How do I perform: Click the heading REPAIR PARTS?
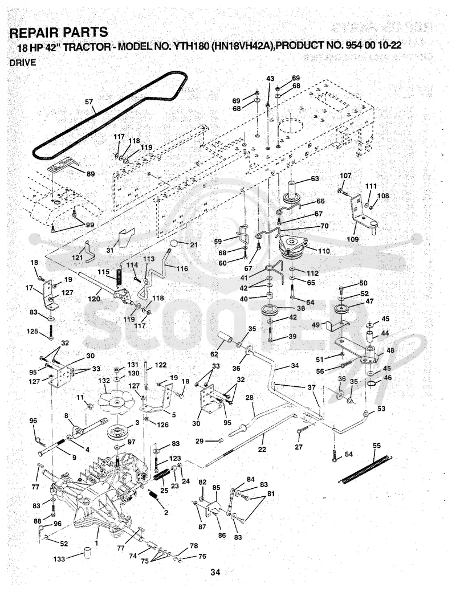(x=59, y=32)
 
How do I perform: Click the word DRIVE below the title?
(x=23, y=63)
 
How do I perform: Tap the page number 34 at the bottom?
(x=215, y=573)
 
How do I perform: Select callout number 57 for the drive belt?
(x=89, y=102)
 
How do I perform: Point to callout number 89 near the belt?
(x=91, y=174)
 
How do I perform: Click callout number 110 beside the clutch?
(x=323, y=251)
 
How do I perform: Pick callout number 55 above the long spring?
(x=377, y=446)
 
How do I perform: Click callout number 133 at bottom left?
(x=59, y=559)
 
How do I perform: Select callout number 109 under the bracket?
(x=352, y=239)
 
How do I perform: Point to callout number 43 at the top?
(x=270, y=79)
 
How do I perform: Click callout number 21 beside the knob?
(x=194, y=244)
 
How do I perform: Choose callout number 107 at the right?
(x=345, y=175)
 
